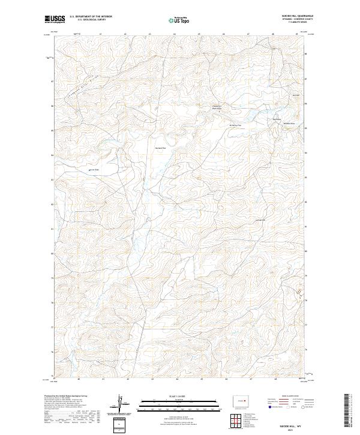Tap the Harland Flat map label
point(160,148)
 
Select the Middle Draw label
point(289,123)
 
